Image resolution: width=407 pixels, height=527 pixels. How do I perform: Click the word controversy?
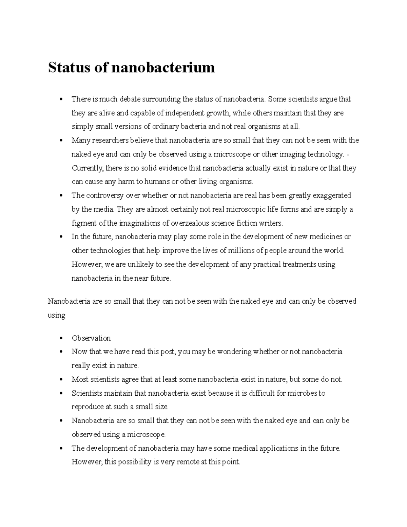pyautogui.click(x=105, y=196)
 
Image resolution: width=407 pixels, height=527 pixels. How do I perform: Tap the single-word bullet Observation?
pyautogui.click(x=91, y=338)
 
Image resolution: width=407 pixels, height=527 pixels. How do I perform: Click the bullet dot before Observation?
pyautogui.click(x=61, y=338)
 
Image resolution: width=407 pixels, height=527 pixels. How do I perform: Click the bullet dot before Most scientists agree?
pyautogui.click(x=61, y=380)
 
